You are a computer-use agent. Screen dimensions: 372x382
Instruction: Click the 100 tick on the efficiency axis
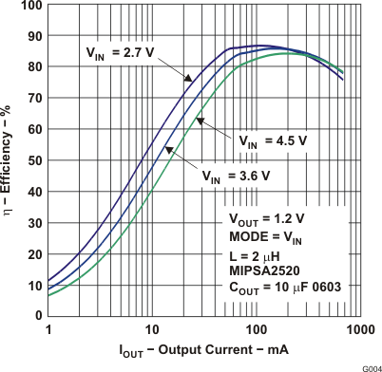(31, 5)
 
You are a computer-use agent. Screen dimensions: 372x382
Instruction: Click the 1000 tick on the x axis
(358, 328)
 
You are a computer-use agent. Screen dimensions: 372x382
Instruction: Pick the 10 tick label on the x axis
(152, 328)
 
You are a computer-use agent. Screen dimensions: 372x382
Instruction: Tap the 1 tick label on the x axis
(48, 328)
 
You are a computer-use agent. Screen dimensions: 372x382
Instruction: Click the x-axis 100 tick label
(255, 328)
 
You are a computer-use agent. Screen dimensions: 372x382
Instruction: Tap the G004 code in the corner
(369, 366)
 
